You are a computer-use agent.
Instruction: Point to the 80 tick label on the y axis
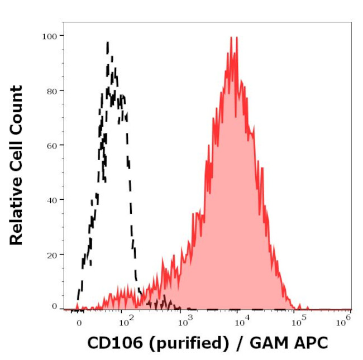coord(51,90)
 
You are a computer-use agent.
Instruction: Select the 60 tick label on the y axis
coord(51,145)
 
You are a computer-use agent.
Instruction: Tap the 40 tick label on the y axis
coord(51,199)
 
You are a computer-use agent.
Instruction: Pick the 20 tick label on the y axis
coord(51,254)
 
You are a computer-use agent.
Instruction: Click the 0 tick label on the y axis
coord(54,306)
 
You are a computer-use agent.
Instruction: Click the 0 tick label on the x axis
coord(79,321)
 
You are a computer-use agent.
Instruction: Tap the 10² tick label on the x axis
coord(126,320)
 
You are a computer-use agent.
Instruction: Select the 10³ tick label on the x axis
coord(184,320)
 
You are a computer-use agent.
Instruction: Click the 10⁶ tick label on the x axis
coord(346,320)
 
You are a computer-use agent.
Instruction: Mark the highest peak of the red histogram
coord(231,38)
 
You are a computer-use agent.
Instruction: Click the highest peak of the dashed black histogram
coord(107,42)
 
